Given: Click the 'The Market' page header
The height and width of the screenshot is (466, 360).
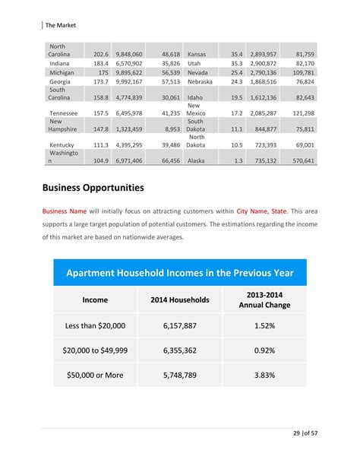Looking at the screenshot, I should [x=61, y=24].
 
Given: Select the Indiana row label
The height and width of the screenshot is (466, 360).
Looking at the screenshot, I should [x=60, y=64].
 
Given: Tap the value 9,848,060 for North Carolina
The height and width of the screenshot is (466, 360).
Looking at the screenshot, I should [x=128, y=55].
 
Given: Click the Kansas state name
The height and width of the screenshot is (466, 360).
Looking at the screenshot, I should [x=197, y=55].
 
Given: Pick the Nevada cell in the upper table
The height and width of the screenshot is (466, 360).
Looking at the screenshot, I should [x=199, y=72].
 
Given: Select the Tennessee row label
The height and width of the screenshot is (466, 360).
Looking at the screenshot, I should [x=64, y=113].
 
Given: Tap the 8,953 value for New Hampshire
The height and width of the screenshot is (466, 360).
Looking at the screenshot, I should [x=172, y=129].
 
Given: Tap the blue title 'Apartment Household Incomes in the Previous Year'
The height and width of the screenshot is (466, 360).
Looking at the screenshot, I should [x=180, y=272].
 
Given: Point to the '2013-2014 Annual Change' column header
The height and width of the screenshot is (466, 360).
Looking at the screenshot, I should [x=265, y=300].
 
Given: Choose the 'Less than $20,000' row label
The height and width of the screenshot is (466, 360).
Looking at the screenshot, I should [x=95, y=325].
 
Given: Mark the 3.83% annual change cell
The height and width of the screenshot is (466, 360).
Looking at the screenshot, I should [x=265, y=375].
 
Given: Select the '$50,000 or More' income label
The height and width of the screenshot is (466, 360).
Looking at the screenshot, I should [x=95, y=375].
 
